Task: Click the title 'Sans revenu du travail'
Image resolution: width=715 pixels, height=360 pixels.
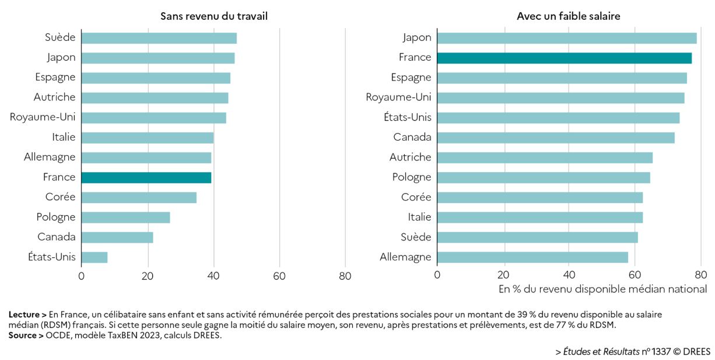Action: [214, 16]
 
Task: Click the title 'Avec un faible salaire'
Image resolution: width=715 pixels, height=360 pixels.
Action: [568, 16]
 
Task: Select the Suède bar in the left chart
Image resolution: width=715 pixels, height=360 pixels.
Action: [159, 38]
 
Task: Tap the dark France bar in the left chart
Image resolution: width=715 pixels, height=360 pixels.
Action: [146, 177]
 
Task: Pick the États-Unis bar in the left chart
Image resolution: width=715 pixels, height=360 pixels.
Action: [94, 257]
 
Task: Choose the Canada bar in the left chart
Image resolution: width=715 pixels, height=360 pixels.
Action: [117, 237]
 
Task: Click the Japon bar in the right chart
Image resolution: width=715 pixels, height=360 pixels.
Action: [566, 38]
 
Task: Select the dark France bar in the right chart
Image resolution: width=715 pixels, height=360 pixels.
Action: [564, 58]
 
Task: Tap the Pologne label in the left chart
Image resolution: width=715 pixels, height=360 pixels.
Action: [56, 217]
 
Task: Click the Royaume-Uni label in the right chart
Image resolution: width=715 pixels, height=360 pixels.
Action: [398, 97]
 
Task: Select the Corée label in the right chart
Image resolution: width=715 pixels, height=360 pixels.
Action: [416, 197]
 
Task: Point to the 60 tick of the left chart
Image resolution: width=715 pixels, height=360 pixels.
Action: [279, 276]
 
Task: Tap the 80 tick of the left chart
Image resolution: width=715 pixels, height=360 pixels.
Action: [345, 276]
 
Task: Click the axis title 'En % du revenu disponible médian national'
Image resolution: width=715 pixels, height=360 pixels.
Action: [602, 289]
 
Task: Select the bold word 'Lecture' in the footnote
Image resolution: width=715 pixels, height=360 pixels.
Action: [24, 314]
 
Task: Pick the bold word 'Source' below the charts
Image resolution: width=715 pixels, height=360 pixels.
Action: [23, 335]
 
